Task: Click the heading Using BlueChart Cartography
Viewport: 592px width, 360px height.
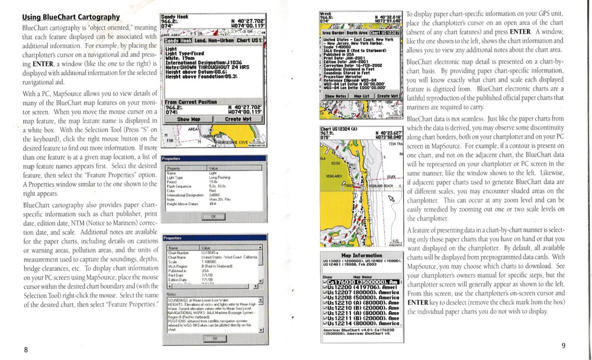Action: pos(70,17)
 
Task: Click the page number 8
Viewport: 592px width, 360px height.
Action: pos(25,349)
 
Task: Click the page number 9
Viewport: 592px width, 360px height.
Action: pos(563,346)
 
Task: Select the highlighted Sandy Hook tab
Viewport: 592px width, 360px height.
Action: pos(175,40)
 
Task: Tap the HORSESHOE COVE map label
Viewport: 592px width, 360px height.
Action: pos(228,141)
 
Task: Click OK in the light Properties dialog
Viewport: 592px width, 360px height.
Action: pos(213,217)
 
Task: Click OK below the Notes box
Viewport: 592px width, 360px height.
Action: pos(213,338)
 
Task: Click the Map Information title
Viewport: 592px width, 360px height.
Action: pos(362,255)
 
